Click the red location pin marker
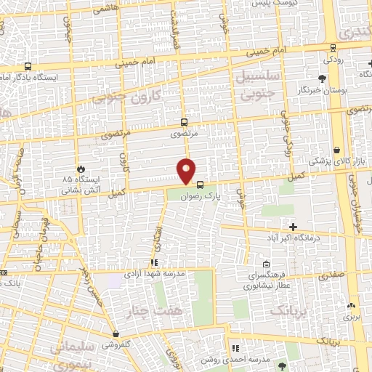point(187,171)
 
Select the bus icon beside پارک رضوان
point(201,185)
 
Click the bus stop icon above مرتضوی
point(185,123)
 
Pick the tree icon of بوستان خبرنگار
point(322,77)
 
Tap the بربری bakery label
point(352,318)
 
